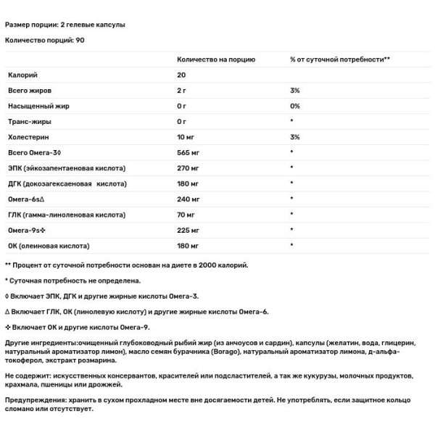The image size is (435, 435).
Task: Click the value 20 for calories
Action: [x=181, y=75]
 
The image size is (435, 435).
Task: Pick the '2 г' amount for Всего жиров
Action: [x=181, y=90]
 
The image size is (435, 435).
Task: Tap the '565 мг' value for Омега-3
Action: [x=188, y=152]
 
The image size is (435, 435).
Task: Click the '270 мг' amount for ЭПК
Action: [x=188, y=168]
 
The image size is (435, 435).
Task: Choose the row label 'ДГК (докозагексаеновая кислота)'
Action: [x=67, y=183]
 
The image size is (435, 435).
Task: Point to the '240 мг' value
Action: [x=188, y=199]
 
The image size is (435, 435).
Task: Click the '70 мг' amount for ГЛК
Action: [x=186, y=215]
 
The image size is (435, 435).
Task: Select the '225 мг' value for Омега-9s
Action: [x=188, y=231]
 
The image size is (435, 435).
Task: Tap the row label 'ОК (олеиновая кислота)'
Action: [x=48, y=246]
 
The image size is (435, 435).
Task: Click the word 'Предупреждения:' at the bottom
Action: [x=33, y=400]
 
